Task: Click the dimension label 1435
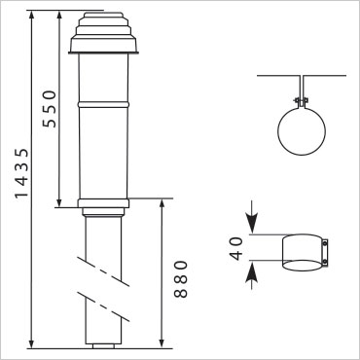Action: [x=21, y=173]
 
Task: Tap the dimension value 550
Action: [x=50, y=109]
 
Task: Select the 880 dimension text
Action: [x=181, y=279]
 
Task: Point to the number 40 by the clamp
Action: [x=236, y=249]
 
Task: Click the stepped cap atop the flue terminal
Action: [x=103, y=32]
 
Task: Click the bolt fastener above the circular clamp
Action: [x=302, y=100]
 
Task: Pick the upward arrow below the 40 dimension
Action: [x=252, y=274]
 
